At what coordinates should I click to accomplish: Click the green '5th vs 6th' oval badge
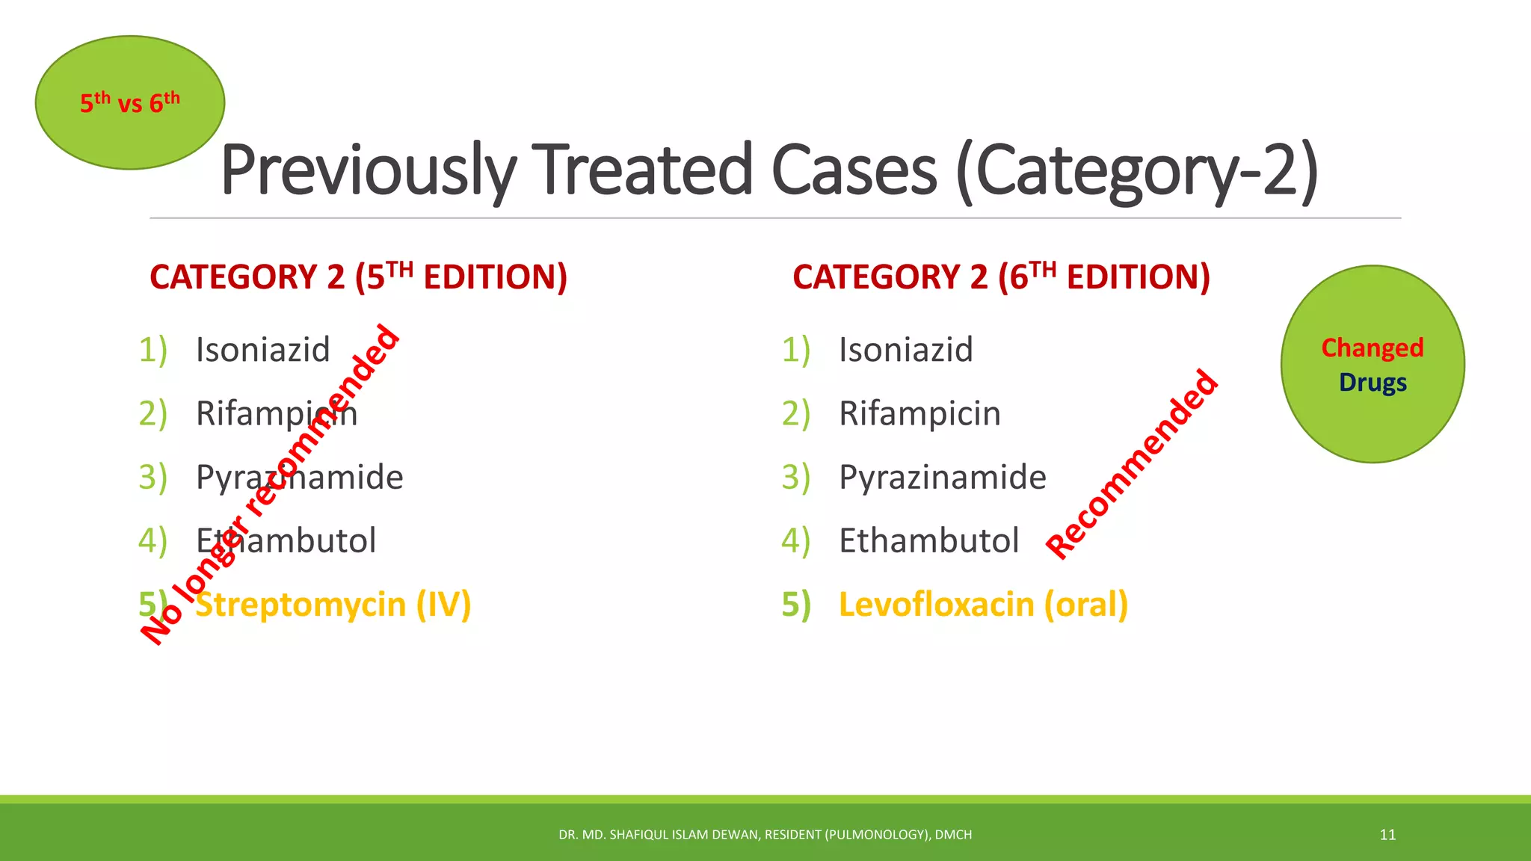pyautogui.click(x=129, y=102)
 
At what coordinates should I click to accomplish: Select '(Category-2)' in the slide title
pyautogui.click(x=1137, y=170)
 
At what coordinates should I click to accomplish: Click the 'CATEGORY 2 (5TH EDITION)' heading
pyautogui.click(x=358, y=277)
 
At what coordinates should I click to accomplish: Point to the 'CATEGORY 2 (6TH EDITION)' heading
pyautogui.click(x=1001, y=277)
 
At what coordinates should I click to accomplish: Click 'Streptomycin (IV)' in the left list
pyautogui.click(x=333, y=604)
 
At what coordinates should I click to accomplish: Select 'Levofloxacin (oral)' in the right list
pyautogui.click(x=983, y=604)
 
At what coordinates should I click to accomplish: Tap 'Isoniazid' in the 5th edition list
pyautogui.click(x=262, y=350)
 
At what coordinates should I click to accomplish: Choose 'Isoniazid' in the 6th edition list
pyautogui.click(x=905, y=350)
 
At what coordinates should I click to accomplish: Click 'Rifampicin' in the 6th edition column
pyautogui.click(x=919, y=413)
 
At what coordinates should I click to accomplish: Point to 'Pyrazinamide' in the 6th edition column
pyautogui.click(x=942, y=477)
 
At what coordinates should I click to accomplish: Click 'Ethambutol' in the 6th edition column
pyautogui.click(x=928, y=540)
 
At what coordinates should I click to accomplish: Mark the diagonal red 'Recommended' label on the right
pyautogui.click(x=1133, y=464)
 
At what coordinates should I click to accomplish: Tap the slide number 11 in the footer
pyautogui.click(x=1387, y=835)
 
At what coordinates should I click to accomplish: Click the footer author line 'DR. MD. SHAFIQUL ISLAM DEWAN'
pyautogui.click(x=765, y=835)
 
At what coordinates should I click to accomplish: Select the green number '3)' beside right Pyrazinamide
pyautogui.click(x=795, y=477)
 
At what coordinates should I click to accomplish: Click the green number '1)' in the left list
pyautogui.click(x=153, y=350)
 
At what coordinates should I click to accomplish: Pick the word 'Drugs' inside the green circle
pyautogui.click(x=1373, y=382)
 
